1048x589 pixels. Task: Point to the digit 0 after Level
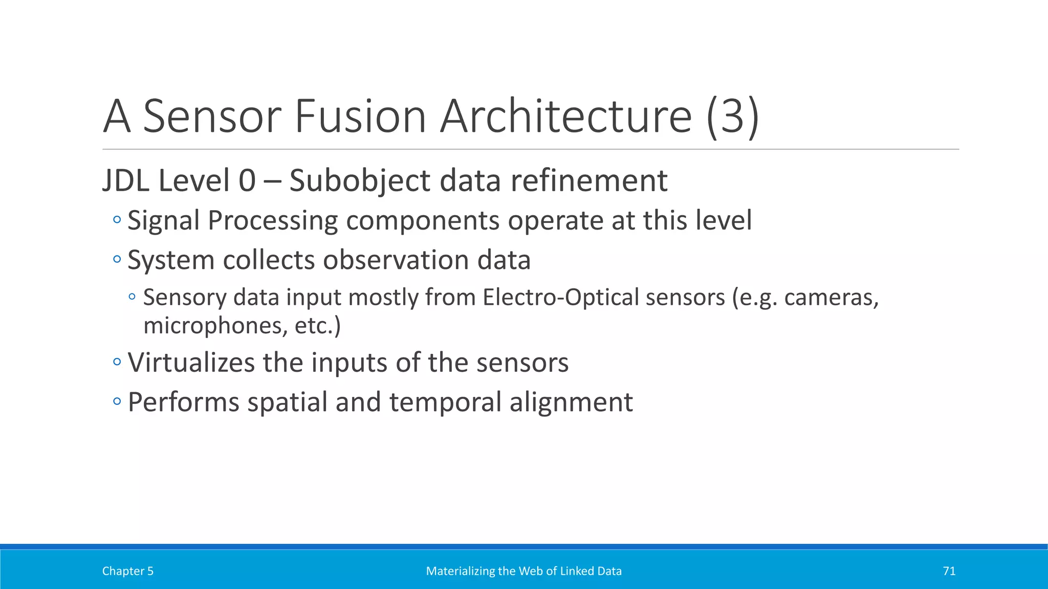click(x=247, y=181)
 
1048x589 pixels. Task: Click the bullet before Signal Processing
click(x=117, y=220)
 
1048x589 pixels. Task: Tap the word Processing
click(x=273, y=221)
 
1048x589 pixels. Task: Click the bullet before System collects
click(x=117, y=260)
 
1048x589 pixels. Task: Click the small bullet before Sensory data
click(x=133, y=297)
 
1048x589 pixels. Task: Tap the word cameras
click(x=831, y=298)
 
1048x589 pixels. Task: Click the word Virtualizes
click(x=190, y=363)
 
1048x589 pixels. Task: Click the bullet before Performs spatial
click(x=117, y=402)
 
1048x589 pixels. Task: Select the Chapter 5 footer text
click(x=127, y=571)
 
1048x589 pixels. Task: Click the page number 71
click(x=949, y=571)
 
